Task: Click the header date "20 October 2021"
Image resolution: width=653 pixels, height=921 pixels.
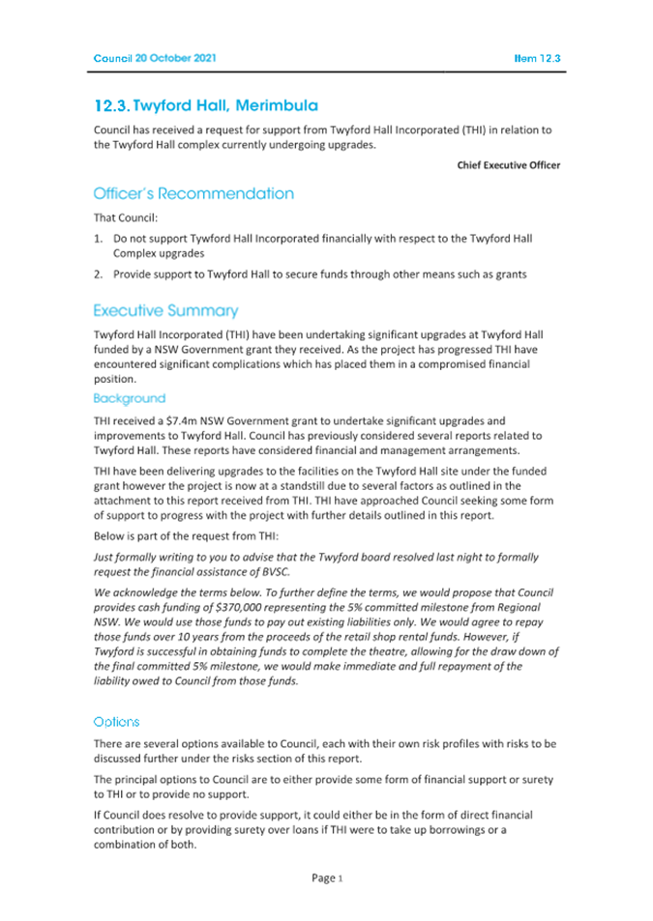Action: [176, 58]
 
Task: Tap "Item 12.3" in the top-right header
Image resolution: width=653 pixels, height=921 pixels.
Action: [537, 58]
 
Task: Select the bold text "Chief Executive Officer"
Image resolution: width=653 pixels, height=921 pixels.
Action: [509, 165]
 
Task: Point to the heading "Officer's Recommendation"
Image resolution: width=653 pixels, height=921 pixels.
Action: [193, 193]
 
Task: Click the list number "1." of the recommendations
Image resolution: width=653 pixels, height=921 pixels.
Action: [99, 238]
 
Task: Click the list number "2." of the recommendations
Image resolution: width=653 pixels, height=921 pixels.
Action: [99, 274]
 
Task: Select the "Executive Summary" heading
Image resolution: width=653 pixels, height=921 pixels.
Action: [165, 311]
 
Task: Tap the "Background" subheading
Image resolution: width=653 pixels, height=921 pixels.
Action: [130, 398]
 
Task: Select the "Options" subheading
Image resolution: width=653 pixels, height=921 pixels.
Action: [116, 722]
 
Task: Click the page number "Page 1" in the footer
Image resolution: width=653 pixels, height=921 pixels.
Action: [327, 878]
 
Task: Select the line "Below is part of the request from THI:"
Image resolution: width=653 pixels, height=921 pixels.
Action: [191, 534]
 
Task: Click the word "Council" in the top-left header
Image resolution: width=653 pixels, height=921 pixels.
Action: [112, 58]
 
